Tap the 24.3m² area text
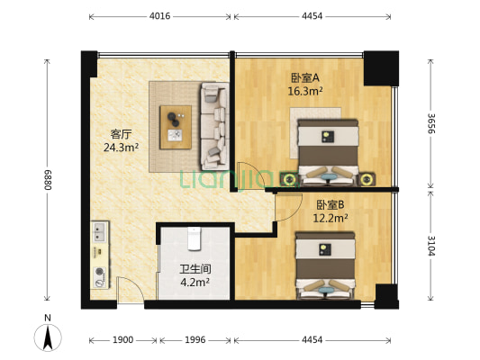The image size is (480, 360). coord(120,149)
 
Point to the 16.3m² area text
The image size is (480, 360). coord(305,90)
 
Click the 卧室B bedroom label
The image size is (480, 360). coord(331,204)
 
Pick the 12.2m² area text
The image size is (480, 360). coord(331,218)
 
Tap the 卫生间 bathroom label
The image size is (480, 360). coord(195,268)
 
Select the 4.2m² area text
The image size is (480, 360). coord(195,282)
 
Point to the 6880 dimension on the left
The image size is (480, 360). coord(46,180)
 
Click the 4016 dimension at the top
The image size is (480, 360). coord(159,16)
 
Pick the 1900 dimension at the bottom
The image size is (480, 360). coord(123,340)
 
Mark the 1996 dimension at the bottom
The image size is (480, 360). coord(195,340)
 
